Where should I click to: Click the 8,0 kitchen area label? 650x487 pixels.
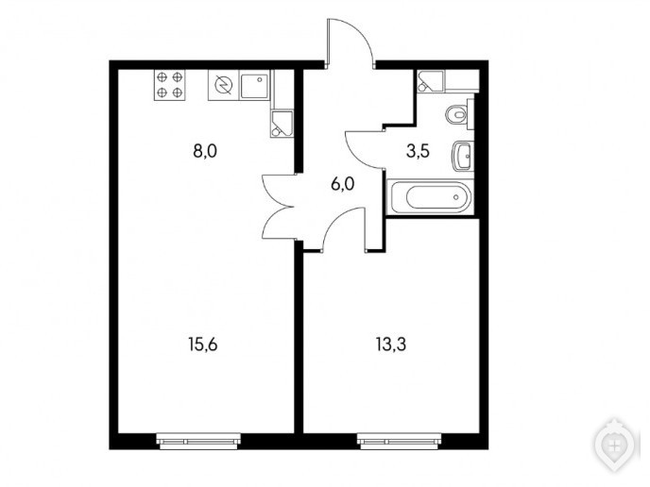(205, 152)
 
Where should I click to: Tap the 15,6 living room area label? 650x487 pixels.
(203, 344)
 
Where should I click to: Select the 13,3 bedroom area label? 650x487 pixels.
(391, 344)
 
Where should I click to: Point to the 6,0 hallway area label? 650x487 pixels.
(343, 183)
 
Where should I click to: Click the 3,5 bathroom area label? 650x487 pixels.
(418, 152)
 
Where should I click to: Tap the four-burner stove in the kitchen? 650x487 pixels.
(169, 85)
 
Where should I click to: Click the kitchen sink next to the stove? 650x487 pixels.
(254, 86)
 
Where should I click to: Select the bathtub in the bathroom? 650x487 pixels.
(430, 197)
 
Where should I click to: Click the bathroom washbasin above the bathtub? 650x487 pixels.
(461, 156)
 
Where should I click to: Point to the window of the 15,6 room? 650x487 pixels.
(198, 441)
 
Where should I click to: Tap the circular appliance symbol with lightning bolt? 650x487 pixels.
(223, 85)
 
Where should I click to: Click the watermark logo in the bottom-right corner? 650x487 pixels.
(614, 446)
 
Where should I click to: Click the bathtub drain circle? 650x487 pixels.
(456, 197)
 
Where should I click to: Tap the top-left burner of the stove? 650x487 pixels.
(162, 76)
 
